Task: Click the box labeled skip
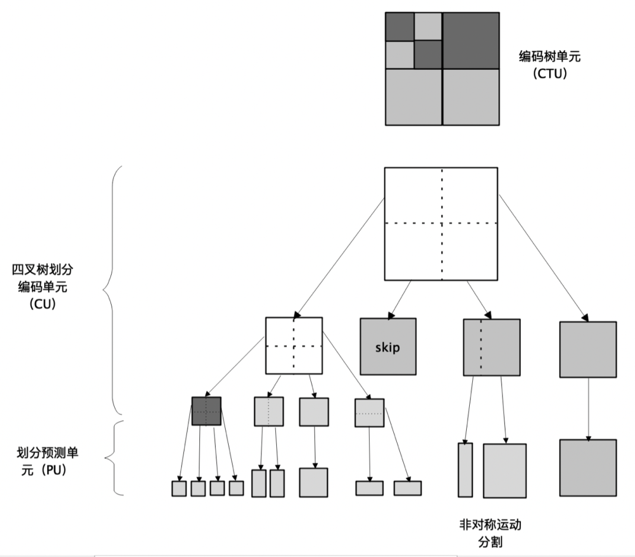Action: (388, 347)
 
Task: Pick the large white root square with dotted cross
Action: (441, 223)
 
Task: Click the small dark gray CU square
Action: (206, 411)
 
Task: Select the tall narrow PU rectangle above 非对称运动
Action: (465, 470)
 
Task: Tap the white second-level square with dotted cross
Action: (294, 345)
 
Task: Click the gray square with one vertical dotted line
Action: (492, 347)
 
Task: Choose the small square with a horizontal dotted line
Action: (369, 412)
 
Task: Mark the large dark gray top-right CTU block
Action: (470, 40)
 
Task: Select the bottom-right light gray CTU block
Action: (470, 96)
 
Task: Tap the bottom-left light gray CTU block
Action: (413, 96)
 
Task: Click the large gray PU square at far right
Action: (588, 467)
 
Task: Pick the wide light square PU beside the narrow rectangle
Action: (504, 471)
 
